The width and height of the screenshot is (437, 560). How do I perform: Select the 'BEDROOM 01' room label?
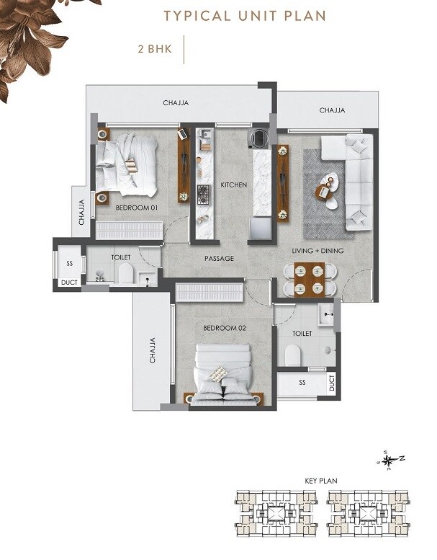pos(136,208)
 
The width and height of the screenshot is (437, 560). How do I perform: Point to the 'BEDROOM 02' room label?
pos(225,328)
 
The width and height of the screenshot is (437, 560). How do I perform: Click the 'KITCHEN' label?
pos(233,185)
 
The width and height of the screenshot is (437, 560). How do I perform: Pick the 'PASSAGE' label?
pos(219,258)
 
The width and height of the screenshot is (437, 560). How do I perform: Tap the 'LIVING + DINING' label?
pos(317,251)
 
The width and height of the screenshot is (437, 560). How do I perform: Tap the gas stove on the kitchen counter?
pos(204,193)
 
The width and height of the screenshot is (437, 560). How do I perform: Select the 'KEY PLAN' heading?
pos(321,480)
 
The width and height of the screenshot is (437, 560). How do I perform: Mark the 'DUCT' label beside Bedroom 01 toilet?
pos(69,283)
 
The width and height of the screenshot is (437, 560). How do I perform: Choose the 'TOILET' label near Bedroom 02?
pos(302,334)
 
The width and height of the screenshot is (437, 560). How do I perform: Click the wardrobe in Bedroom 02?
pos(208,293)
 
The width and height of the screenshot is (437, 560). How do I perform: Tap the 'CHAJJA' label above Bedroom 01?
pos(176,103)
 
